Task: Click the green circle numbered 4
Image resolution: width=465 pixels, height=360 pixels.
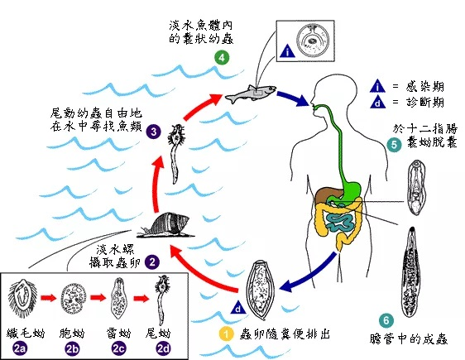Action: point(221,58)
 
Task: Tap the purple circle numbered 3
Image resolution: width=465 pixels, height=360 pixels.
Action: point(153,131)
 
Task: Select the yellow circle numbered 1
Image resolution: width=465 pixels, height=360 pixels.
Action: point(224,334)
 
